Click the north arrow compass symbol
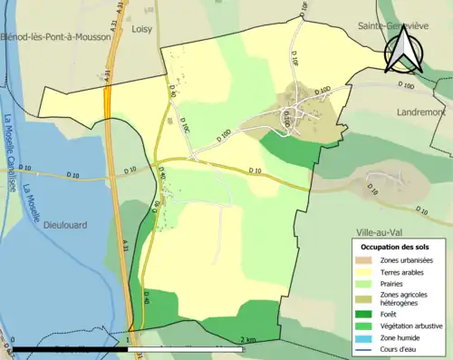pos(401,50)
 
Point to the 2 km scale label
pos(246,340)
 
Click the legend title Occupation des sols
pos(397,246)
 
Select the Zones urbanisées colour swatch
pos(363,260)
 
